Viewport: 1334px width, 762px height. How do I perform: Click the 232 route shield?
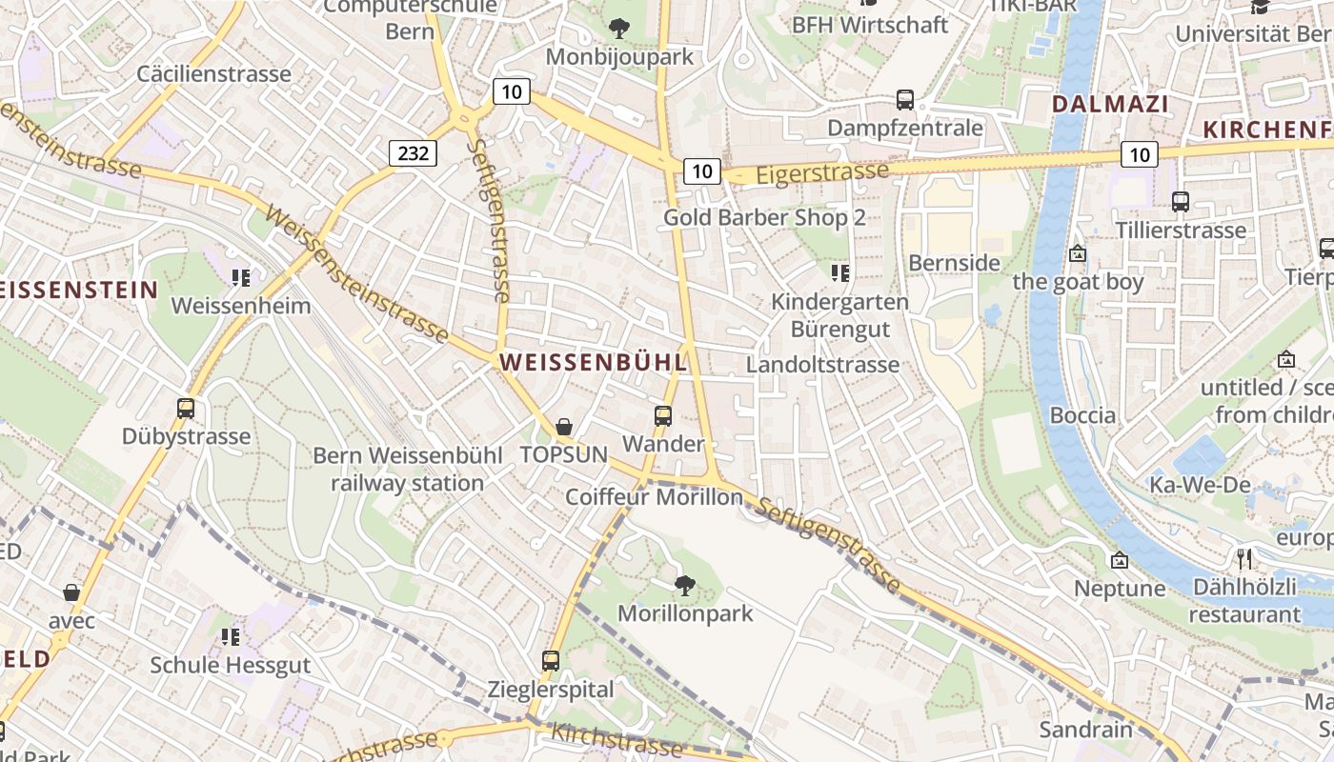tap(413, 151)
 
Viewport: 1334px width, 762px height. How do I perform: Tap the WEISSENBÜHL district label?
tap(593, 363)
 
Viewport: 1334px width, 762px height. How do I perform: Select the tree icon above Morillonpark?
tap(684, 585)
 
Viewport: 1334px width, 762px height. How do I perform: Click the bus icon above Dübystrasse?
tap(186, 409)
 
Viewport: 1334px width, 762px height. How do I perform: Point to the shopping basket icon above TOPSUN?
tap(564, 427)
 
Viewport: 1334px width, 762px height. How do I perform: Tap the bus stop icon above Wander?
tap(663, 416)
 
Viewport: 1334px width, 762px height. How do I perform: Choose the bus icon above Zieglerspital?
tap(551, 660)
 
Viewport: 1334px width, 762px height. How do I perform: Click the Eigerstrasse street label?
tap(822, 173)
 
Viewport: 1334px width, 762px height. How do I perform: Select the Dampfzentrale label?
tap(904, 128)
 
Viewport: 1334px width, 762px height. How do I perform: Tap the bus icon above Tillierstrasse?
tap(1181, 202)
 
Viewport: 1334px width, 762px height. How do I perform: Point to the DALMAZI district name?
tap(1110, 105)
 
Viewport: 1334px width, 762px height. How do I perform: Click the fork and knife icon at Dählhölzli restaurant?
tap(1244, 559)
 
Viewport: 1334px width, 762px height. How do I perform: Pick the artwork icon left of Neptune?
tap(1120, 560)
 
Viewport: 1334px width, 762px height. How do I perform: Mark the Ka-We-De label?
tap(1199, 485)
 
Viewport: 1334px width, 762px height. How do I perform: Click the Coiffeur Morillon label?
tap(654, 497)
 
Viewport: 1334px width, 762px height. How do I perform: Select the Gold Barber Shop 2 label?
tap(764, 217)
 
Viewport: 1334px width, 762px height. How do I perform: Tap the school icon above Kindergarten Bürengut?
tap(839, 274)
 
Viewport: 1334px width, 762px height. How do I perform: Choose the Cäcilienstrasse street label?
tap(213, 73)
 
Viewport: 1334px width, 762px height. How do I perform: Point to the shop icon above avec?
tap(71, 592)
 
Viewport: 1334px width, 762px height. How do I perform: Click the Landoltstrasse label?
tap(822, 365)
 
